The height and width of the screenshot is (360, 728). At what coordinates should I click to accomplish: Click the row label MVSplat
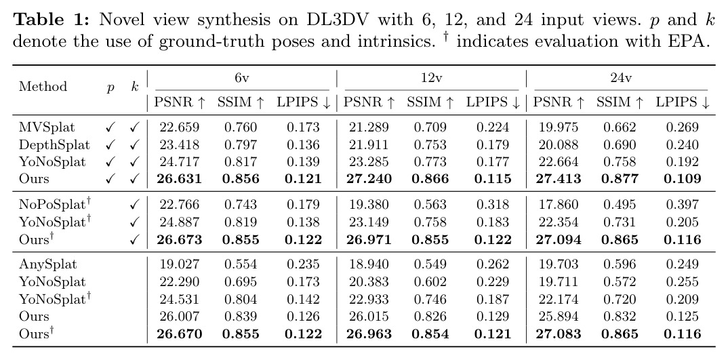[x=47, y=127]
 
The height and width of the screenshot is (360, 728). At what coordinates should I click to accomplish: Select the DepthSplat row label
[x=54, y=145]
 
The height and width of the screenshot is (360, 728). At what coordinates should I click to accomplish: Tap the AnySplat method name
[x=48, y=264]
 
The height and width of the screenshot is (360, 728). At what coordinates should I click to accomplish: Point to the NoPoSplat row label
[x=55, y=204]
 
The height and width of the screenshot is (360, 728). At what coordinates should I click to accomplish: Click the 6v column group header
[x=241, y=79]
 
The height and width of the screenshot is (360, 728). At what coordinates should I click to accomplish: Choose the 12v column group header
[x=431, y=79]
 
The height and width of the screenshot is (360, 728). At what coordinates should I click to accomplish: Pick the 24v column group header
[x=621, y=79]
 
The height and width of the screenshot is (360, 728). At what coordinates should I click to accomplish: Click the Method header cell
[x=43, y=86]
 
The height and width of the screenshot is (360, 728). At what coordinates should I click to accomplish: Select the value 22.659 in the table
[x=179, y=127]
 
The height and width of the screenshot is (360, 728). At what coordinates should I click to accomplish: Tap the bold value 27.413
[x=559, y=179]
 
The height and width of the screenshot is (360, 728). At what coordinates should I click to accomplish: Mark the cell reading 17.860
[x=559, y=204]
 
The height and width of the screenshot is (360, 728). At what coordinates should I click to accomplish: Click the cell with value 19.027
[x=179, y=264]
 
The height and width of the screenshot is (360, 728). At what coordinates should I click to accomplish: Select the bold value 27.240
[x=369, y=179]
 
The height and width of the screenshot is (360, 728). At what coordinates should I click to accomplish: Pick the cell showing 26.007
[x=179, y=317]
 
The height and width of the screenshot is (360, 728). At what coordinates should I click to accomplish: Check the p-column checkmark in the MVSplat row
[x=110, y=127]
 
